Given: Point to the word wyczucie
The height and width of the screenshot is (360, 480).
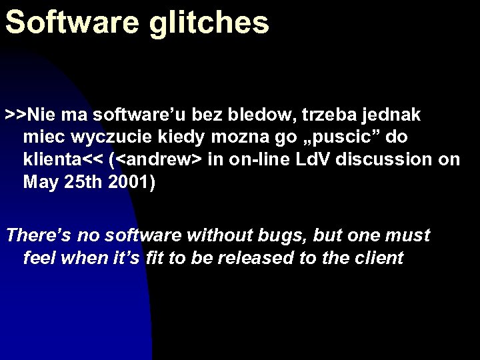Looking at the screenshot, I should [x=117, y=137].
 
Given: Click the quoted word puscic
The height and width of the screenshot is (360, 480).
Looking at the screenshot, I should [x=340, y=137].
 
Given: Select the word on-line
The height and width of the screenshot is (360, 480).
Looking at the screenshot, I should [x=259, y=160].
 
